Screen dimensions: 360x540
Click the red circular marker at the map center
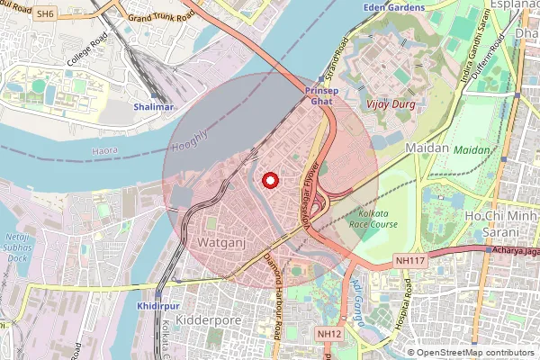click(268, 180)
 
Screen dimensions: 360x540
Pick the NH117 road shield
click(409, 260)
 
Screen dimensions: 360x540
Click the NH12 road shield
click(329, 334)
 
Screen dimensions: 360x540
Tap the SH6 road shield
click(45, 14)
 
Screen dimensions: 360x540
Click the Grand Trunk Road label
click(162, 16)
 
